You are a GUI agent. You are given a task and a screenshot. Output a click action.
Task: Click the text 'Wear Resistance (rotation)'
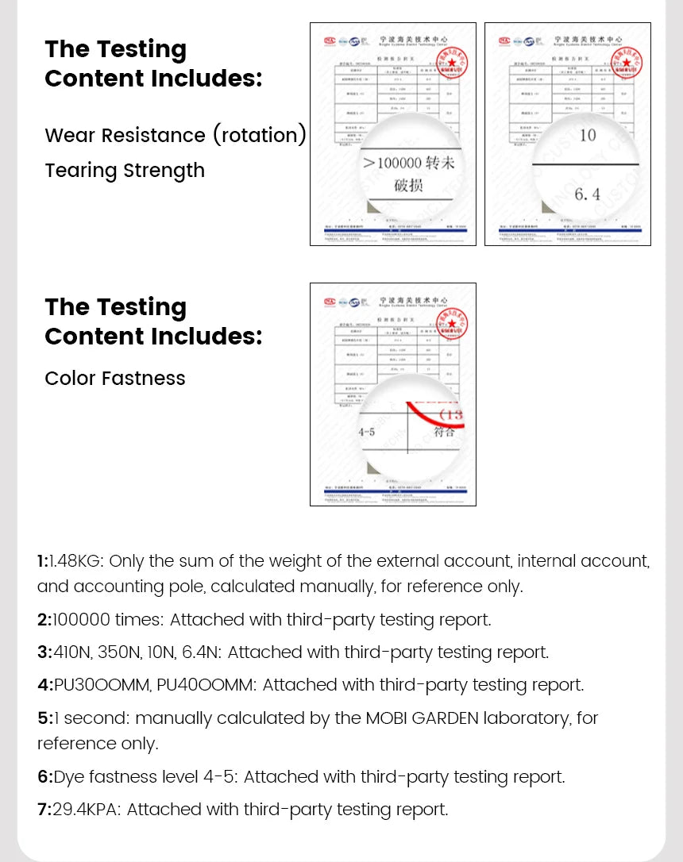coord(176,135)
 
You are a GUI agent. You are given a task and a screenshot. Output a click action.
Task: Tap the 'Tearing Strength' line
coord(125,171)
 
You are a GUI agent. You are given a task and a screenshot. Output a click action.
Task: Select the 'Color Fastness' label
coord(115,379)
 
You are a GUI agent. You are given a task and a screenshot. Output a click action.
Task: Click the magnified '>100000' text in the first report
coord(392,163)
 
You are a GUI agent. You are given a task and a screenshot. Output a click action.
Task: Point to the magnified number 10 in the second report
coord(588,135)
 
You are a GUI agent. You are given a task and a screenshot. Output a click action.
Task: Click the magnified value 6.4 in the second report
coord(587,194)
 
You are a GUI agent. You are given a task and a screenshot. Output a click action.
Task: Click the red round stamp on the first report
coord(452,61)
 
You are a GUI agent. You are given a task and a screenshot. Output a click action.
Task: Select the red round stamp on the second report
coord(626,61)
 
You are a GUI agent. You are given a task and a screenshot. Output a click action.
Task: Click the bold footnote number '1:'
coord(43,561)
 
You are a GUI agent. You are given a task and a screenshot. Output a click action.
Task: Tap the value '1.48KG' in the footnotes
coord(75,561)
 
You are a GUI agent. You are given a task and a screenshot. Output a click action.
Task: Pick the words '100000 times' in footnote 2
coord(106,620)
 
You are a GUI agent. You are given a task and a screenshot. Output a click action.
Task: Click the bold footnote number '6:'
coord(44,777)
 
